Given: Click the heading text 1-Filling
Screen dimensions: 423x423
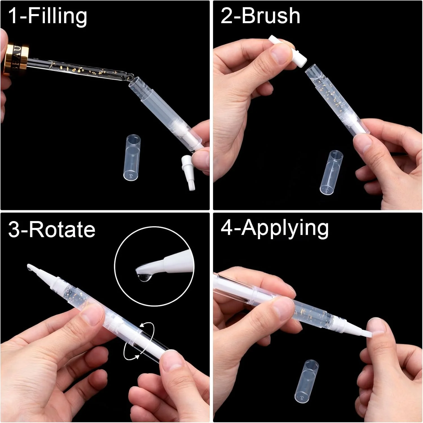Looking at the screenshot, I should point(48,16).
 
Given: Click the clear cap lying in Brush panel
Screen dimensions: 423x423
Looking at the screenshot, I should point(332,172).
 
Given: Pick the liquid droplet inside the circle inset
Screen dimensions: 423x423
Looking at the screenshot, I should point(144,276).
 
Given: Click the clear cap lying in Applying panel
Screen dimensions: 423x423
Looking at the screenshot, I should point(306,381).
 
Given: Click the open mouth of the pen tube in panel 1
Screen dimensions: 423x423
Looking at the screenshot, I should point(135,81).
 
